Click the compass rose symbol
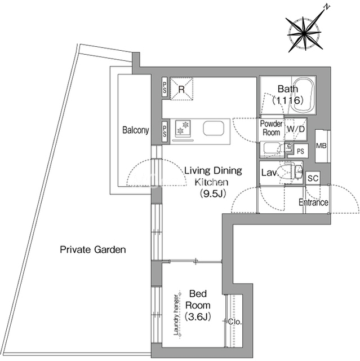(x=304, y=33)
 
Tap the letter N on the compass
(x=327, y=7)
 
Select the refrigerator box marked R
(x=181, y=89)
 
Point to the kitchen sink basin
(x=214, y=128)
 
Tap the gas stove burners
(x=183, y=127)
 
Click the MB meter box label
(x=321, y=146)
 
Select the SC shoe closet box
(x=313, y=178)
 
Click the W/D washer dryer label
(x=296, y=129)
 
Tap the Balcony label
(x=135, y=130)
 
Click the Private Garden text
(x=93, y=249)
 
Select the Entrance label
(x=313, y=202)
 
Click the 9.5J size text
(x=212, y=193)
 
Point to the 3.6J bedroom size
(x=198, y=317)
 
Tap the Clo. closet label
(x=235, y=322)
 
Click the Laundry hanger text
(x=176, y=315)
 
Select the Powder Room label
(x=272, y=128)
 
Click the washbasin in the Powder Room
(x=271, y=148)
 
